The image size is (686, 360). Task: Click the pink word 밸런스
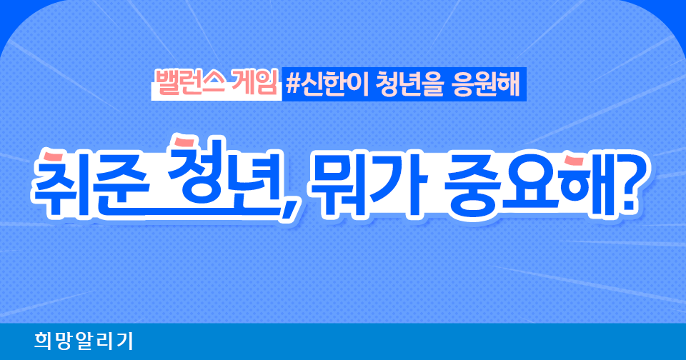click(190, 83)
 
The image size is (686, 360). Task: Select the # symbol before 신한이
click(293, 84)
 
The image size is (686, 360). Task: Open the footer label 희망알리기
click(84, 341)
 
